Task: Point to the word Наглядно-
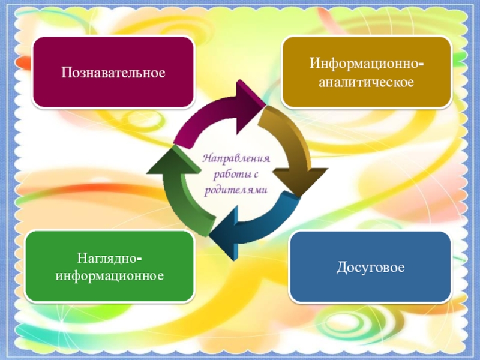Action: click(x=109, y=258)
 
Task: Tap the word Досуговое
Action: click(x=370, y=266)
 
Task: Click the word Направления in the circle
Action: click(x=236, y=161)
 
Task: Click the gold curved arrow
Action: click(x=288, y=141)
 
